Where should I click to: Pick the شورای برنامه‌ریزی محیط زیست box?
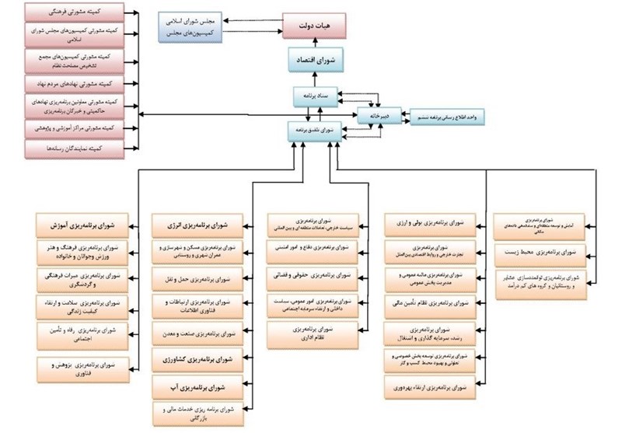pyautogui.click(x=551, y=252)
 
